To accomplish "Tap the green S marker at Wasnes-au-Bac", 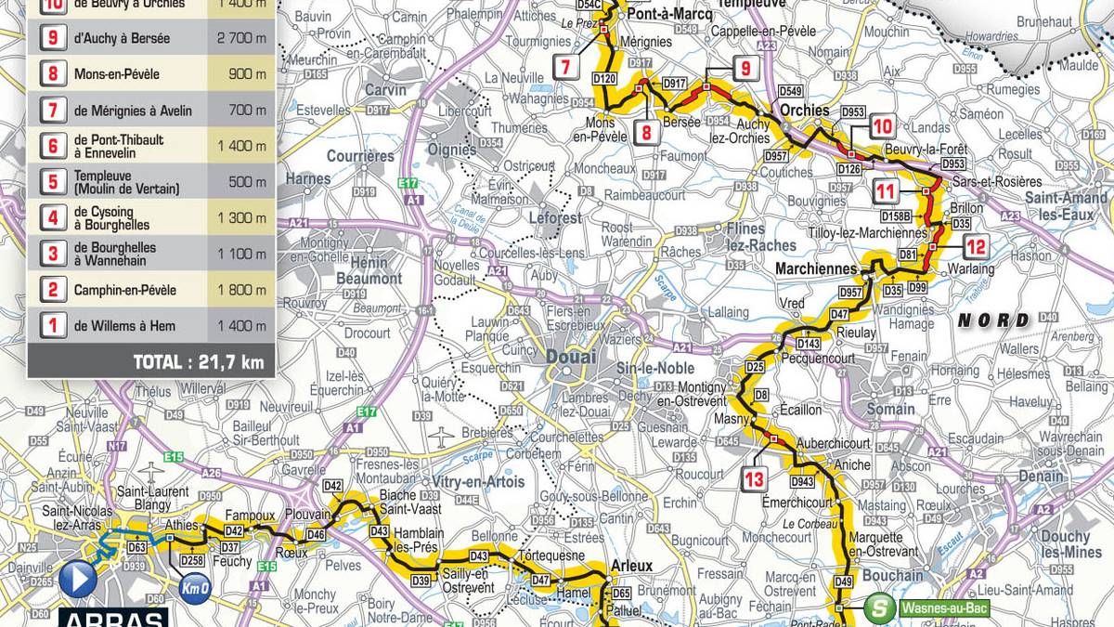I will pyautogui.click(x=877, y=608).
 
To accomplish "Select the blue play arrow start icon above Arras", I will pyautogui.click(x=78, y=580).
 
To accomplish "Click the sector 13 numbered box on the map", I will pyautogui.click(x=754, y=479).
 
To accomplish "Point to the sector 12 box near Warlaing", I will pyautogui.click(x=976, y=247).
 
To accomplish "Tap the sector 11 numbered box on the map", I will pyautogui.click(x=887, y=191).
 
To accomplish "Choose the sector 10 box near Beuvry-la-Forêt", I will pyautogui.click(x=882, y=127).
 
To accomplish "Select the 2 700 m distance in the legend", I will pyautogui.click(x=242, y=39).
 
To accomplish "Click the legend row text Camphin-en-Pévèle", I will pyautogui.click(x=125, y=290).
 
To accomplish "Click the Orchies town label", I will pyautogui.click(x=804, y=110).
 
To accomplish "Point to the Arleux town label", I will pyautogui.click(x=632, y=566).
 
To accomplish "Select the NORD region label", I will pyautogui.click(x=994, y=320).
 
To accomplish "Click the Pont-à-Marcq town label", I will pyautogui.click(x=656, y=16).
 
